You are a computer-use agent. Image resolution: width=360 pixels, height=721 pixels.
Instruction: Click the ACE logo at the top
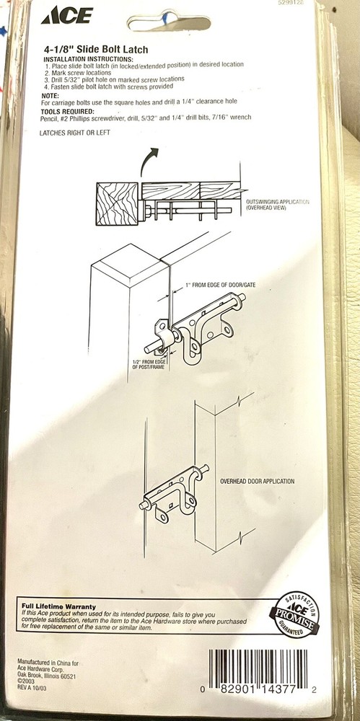(x=67, y=15)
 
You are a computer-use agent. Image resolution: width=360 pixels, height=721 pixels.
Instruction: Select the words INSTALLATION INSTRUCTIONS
(x=89, y=60)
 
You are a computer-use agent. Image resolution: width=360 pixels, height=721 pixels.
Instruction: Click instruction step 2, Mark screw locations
(x=78, y=73)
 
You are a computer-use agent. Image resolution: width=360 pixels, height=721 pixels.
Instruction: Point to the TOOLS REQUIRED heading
(x=67, y=112)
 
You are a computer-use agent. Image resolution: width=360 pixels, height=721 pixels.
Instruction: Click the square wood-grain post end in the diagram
(x=118, y=204)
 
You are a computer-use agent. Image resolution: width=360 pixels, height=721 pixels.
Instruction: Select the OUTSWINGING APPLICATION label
(x=277, y=205)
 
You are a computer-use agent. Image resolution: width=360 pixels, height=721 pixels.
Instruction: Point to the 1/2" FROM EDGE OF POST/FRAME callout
(x=149, y=364)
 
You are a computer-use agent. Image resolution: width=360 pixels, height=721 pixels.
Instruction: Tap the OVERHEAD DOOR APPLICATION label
(x=257, y=482)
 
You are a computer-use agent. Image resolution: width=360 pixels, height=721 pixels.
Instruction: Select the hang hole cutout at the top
(x=169, y=22)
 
